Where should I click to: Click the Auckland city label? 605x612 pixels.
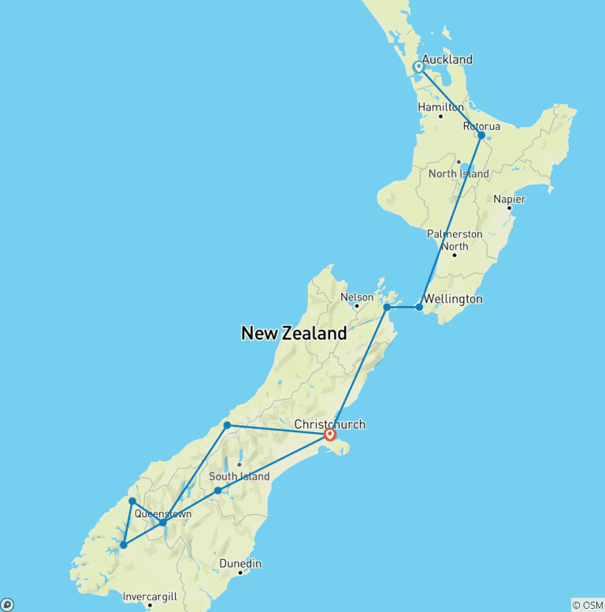[447, 59]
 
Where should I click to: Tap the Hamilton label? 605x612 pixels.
[440, 106]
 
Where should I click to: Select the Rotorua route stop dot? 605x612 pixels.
[481, 135]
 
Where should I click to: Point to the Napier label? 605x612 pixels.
[509, 199]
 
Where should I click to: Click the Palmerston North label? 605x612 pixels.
[454, 240]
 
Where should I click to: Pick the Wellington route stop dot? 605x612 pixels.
[419, 307]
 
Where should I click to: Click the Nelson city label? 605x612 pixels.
[355, 297]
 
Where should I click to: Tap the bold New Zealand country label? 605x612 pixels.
[294, 333]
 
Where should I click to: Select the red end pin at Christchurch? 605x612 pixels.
[330, 434]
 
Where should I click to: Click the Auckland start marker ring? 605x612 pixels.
[419, 67]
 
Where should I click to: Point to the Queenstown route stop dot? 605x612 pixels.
[162, 522]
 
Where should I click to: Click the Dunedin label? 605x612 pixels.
[239, 564]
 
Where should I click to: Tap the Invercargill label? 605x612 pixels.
[150, 597]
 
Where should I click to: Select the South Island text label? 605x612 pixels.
[239, 476]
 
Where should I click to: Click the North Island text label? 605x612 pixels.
[458, 174]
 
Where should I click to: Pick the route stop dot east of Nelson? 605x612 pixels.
[387, 307]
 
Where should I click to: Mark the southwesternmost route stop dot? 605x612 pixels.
[124, 545]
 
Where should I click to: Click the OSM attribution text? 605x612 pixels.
[587, 605]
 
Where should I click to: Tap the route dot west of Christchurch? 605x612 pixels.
[227, 425]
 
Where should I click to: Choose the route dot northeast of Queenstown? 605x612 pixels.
[217, 491]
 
